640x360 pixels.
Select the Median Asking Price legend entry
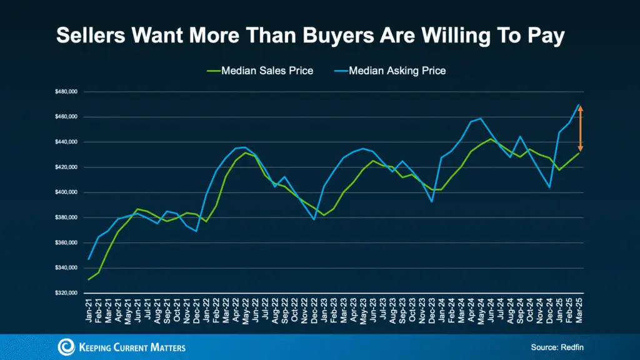[397, 71]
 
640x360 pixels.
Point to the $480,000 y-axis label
[66, 92]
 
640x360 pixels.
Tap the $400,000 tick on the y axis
[66, 192]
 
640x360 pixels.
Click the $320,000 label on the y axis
[66, 293]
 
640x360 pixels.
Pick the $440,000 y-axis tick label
[66, 142]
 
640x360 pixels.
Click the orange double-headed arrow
[580, 128]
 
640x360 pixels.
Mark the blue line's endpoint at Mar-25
[579, 104]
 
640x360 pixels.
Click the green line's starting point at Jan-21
[88, 279]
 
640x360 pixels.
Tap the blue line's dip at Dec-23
[432, 201]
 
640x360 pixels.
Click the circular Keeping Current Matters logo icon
[67, 347]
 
